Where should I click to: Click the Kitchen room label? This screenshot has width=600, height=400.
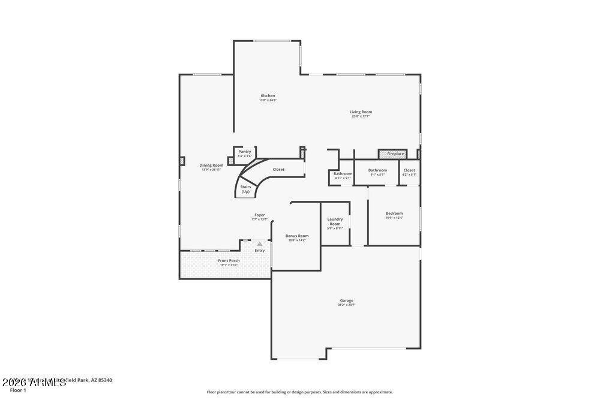(268, 96)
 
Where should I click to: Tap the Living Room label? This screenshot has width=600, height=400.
(361, 112)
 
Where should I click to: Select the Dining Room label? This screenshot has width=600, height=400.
(211, 166)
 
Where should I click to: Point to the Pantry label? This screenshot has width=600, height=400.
(244, 152)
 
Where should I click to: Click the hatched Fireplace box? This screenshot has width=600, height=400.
(392, 154)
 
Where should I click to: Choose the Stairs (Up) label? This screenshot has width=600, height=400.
(245, 189)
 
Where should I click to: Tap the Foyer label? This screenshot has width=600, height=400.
(259, 215)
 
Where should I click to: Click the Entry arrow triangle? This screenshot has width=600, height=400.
(259, 244)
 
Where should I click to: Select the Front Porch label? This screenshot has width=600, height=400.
(229, 260)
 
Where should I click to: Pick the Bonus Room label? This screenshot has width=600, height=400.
(297, 236)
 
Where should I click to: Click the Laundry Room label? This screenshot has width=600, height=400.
(335, 221)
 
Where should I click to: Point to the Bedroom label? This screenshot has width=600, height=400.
(394, 213)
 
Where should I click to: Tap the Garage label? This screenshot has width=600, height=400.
(346, 300)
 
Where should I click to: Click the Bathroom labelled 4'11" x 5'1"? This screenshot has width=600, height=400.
(343, 173)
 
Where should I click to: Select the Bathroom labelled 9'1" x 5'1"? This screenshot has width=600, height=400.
(377, 170)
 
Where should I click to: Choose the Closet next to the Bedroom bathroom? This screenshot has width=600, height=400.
(409, 170)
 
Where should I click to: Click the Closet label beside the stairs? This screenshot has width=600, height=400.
(278, 169)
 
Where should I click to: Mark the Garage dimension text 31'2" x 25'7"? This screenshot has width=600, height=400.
(346, 305)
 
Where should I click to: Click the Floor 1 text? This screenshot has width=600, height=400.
(17, 390)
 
